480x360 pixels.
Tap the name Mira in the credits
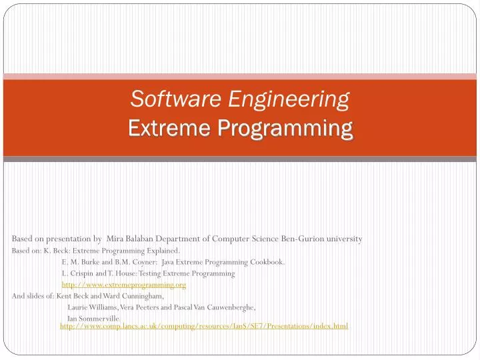117,239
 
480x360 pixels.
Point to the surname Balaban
148,239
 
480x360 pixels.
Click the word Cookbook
264,262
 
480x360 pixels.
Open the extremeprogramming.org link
124,285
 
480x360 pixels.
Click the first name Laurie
79,307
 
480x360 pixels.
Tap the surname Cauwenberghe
227,307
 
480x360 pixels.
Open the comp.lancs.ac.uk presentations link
204,326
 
